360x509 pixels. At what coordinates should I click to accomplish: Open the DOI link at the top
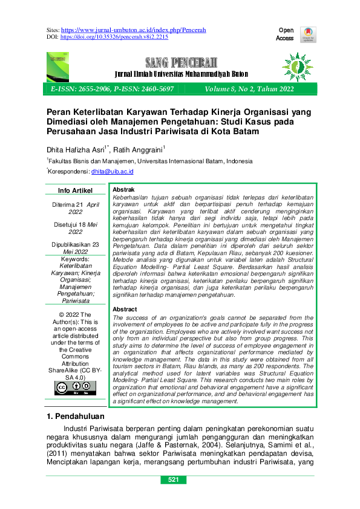click(114, 37)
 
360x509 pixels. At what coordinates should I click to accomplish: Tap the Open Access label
click(285, 34)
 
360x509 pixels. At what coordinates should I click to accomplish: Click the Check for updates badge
click(309, 34)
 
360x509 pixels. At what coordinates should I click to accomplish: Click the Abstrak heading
click(124, 189)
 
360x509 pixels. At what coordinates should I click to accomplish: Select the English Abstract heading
click(125, 310)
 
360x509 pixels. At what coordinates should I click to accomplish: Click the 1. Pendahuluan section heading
click(76, 417)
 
